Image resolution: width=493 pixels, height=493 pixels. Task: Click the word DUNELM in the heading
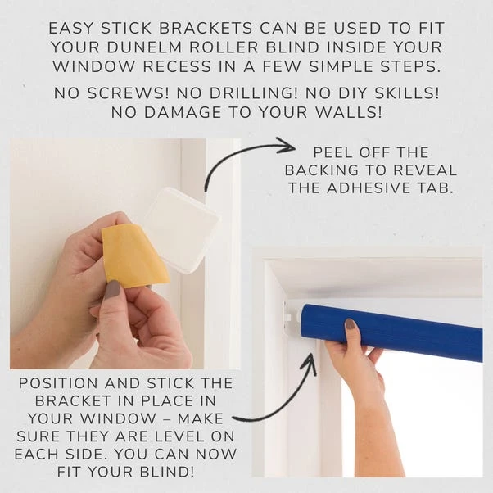[145, 47]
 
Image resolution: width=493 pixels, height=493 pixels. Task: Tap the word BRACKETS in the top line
[206, 28]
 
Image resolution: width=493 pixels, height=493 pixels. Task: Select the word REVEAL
[425, 170]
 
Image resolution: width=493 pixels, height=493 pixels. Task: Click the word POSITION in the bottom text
[58, 383]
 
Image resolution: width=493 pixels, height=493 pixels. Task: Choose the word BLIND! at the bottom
[167, 472]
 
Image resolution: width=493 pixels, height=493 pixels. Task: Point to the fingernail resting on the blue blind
[350, 323]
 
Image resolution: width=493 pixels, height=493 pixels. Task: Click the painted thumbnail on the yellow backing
[112, 290]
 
